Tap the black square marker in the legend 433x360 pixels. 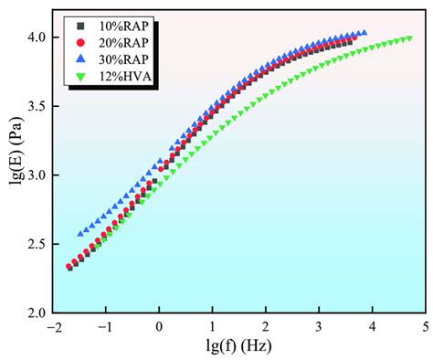click(81, 26)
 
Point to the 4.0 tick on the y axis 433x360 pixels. click(39, 37)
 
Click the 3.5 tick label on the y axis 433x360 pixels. click(39, 106)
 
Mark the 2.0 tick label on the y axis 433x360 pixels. click(39, 312)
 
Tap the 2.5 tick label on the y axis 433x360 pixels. click(39, 244)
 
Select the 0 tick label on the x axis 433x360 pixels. click(159, 325)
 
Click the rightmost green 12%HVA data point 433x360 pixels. click(409, 38)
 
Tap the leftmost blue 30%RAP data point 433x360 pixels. click(80, 234)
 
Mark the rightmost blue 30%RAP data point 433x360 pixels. click(364, 33)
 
